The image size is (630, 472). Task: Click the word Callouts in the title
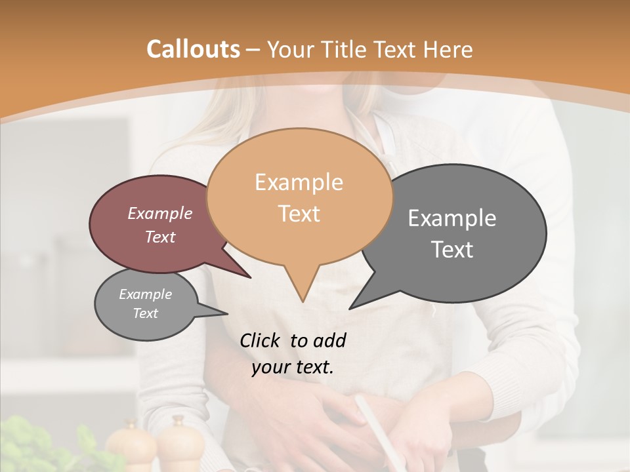193,49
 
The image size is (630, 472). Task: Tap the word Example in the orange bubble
299,182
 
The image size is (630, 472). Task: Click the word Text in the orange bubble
299,214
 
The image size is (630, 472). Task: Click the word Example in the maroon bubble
160,214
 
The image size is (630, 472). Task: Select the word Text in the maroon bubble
160,237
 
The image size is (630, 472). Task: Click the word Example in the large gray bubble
452,218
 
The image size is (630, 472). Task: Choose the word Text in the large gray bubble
452,250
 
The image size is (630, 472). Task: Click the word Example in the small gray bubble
145,294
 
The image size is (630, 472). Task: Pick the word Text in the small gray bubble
145,313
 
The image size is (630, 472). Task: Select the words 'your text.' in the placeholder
293,367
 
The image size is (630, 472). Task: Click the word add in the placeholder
329,340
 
